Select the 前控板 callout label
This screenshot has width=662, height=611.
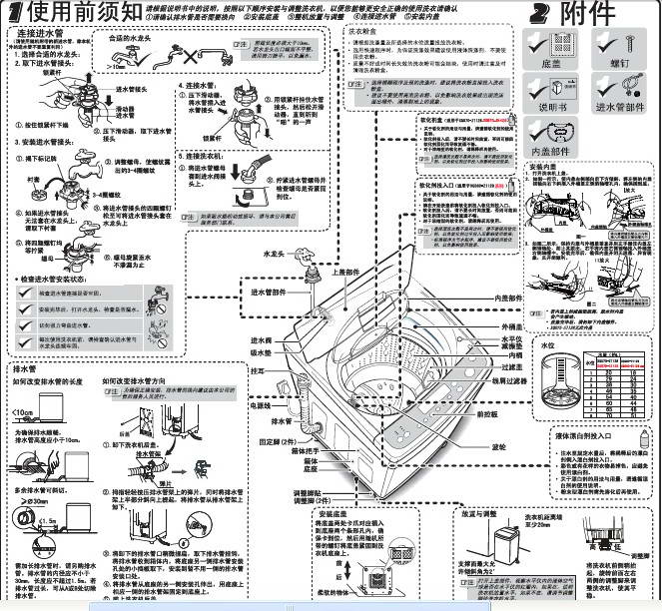coord(486,413)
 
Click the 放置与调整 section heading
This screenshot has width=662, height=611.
coord(454,514)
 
